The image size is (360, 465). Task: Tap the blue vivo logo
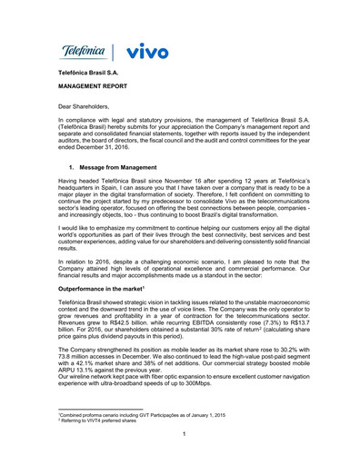(x=145, y=51)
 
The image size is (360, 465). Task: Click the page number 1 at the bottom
(x=184, y=433)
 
